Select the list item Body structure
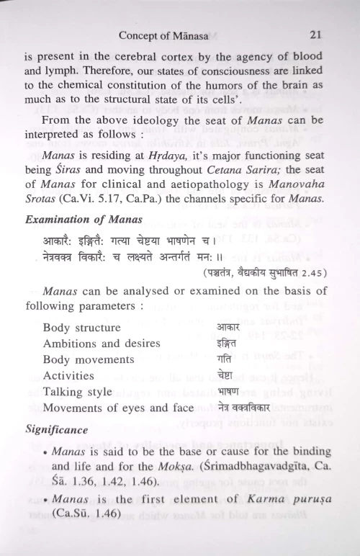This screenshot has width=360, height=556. point(81,328)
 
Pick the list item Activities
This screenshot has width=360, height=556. point(68,375)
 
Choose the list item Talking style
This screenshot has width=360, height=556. point(78,392)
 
